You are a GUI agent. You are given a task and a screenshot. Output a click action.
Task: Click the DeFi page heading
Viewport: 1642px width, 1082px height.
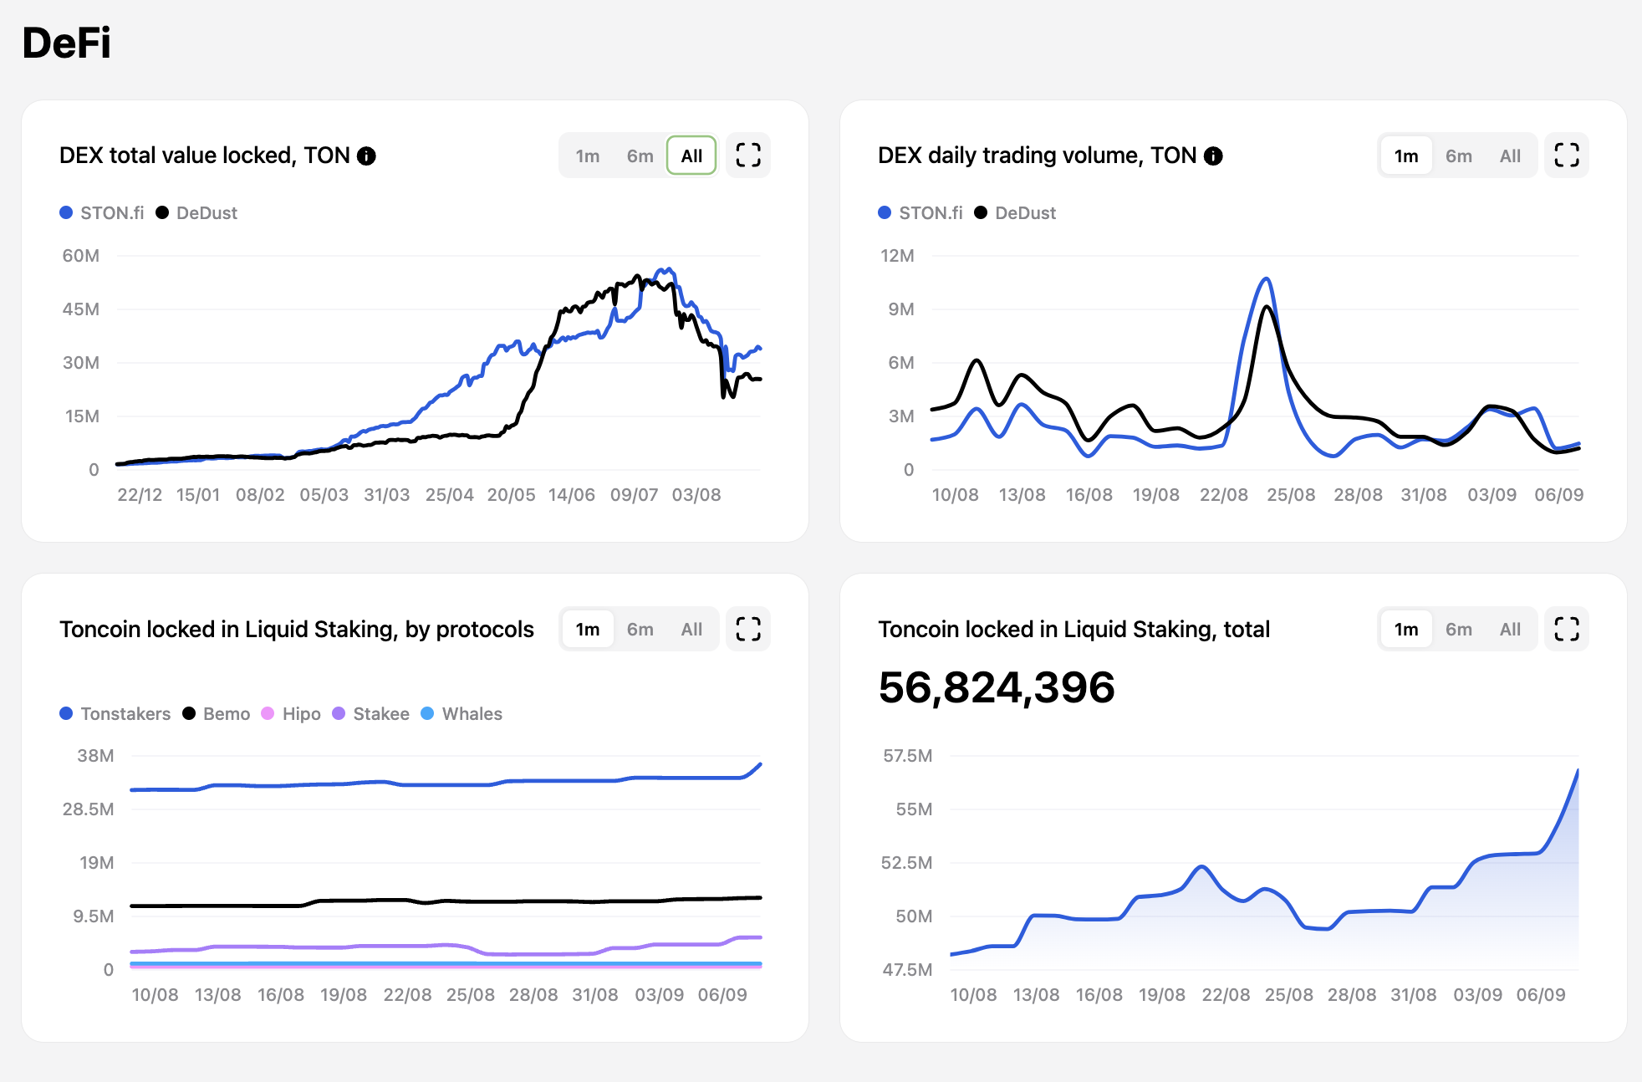click(x=67, y=43)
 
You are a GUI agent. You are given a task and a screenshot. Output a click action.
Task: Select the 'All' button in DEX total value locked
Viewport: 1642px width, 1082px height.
click(x=691, y=156)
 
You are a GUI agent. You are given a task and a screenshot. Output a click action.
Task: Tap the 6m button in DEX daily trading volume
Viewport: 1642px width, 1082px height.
click(x=1458, y=156)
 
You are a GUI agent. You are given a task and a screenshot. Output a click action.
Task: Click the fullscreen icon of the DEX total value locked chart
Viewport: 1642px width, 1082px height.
click(x=748, y=156)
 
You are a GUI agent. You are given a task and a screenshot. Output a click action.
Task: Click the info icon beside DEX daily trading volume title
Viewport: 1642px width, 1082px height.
click(x=1213, y=156)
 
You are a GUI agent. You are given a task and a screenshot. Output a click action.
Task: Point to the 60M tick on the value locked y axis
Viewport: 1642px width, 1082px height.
click(x=81, y=256)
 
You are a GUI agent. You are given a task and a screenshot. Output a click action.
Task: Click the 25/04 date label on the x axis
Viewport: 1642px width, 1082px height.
click(x=449, y=495)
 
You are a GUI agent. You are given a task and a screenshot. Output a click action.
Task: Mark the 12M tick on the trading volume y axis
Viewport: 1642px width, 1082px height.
click(x=897, y=256)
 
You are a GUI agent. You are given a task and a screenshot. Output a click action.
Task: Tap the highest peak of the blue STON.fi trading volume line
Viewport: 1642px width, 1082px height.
click(x=1267, y=279)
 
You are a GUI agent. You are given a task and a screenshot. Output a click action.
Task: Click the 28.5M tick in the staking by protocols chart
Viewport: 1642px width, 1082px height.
click(x=88, y=809)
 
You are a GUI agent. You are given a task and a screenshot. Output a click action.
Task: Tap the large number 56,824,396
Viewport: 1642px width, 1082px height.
click(x=997, y=687)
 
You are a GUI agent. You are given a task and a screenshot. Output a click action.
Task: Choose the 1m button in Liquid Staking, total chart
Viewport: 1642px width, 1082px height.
click(x=1405, y=630)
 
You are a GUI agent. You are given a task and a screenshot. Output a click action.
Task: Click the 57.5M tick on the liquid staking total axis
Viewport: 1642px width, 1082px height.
click(x=907, y=756)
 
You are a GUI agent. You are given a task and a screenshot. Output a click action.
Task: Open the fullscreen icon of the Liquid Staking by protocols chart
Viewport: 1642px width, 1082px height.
click(x=748, y=630)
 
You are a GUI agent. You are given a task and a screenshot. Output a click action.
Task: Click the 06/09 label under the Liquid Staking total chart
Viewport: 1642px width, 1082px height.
click(x=1540, y=995)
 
